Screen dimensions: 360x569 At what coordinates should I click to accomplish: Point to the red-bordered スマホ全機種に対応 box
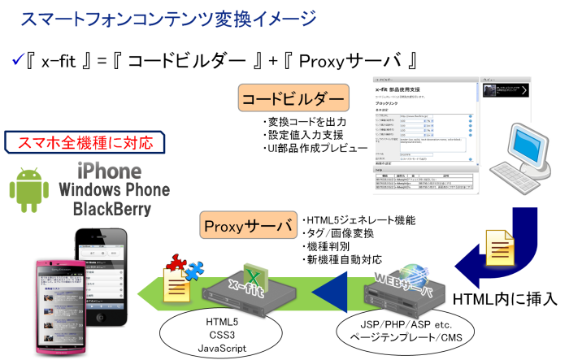point(87,143)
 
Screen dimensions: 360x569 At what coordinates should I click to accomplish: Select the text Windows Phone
point(115,191)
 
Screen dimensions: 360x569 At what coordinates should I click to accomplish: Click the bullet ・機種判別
point(328,247)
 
